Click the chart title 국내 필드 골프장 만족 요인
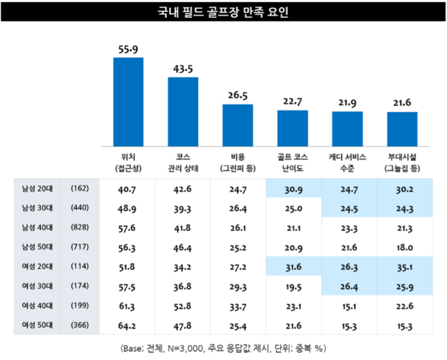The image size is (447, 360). coord(223,13)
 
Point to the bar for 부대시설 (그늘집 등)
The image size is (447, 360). coord(402,128)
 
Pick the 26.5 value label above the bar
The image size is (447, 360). coord(238,95)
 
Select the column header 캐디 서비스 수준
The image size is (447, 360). coord(347,163)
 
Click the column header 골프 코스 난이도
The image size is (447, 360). coord(293,163)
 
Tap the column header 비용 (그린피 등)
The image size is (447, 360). coord(238,163)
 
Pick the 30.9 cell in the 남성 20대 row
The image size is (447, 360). coord(293,190)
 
